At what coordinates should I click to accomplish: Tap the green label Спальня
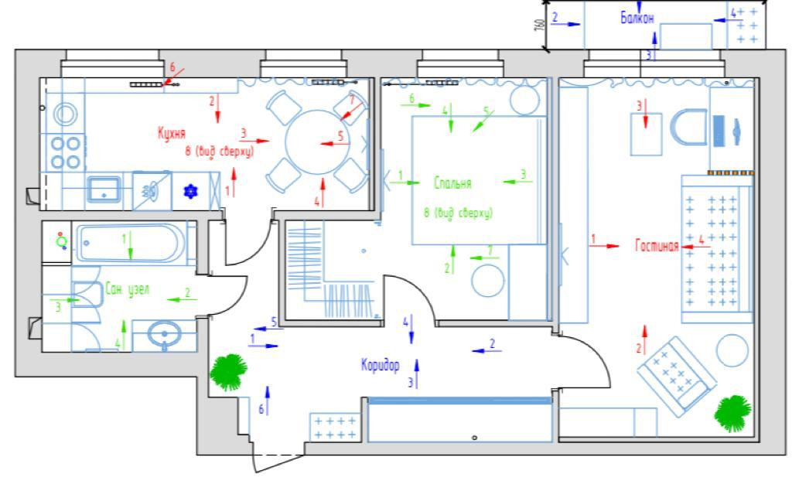point(452,183)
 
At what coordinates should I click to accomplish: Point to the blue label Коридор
point(380,364)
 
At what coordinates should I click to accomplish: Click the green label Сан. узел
point(127,290)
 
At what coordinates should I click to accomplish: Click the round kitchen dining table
point(318,143)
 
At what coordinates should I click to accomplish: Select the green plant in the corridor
point(228,371)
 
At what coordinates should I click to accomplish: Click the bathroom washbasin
point(164,336)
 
